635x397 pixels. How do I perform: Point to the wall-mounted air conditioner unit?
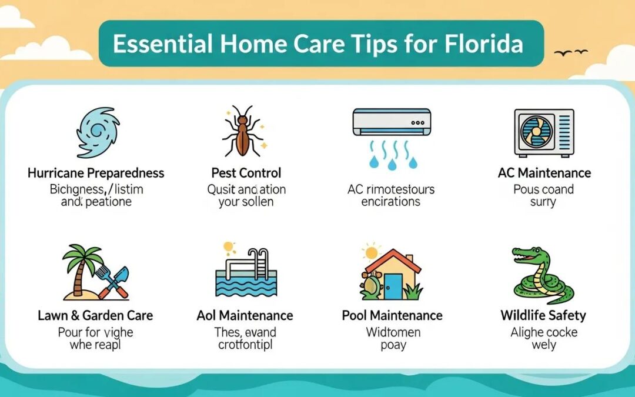coord(391,122)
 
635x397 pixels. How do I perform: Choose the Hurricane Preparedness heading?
coord(96,173)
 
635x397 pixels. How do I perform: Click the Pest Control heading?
coord(246,173)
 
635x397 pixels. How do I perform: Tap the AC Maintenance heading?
coord(544,173)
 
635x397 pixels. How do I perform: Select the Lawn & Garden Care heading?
coord(96,315)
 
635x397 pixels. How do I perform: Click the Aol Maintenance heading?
coord(246,315)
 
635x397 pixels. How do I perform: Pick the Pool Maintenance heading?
coord(393,315)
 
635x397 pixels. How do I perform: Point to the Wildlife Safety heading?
coord(544,315)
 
